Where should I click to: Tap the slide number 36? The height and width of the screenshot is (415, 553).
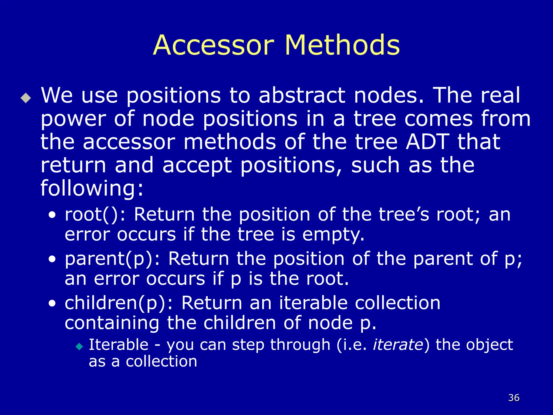pos(514,398)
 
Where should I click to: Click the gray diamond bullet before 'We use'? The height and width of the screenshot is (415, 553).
pos(26,98)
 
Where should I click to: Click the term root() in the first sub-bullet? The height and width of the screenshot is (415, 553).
pos(91,215)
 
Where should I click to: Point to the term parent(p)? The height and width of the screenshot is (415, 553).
pos(109,259)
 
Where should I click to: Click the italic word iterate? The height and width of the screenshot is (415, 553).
pos(398,345)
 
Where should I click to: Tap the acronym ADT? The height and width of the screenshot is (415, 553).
pos(427,142)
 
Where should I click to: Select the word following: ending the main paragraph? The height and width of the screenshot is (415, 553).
pos(92,188)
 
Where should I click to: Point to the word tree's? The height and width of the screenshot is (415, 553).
pos(404,215)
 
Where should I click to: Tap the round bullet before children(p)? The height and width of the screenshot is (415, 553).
pos(52,303)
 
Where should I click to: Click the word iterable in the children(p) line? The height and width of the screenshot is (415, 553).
pos(313,303)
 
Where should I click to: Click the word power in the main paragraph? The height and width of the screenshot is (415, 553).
pos(73,119)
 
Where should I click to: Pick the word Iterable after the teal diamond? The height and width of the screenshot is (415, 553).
pos(119,345)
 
